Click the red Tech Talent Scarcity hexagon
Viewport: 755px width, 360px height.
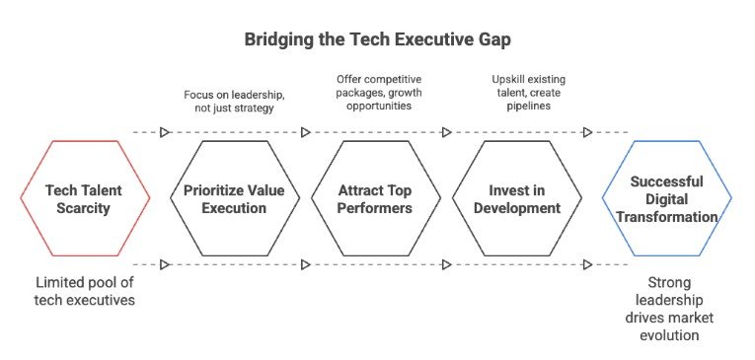[85, 141]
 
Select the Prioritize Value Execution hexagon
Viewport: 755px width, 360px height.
[235, 141]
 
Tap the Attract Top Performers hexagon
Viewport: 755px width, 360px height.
[376, 141]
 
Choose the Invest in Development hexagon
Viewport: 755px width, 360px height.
[516, 141]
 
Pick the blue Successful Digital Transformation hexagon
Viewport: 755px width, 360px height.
[667, 141]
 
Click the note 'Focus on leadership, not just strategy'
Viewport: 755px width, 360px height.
[235, 101]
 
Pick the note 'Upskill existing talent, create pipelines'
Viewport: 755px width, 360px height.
[528, 92]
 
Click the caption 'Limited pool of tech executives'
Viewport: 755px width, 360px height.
[84, 291]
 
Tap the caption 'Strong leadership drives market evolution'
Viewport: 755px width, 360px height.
[669, 309]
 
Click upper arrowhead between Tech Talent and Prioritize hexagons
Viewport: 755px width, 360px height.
[165, 132]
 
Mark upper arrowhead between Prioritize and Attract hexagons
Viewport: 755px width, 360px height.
[306, 132]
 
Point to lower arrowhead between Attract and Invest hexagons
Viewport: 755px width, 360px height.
[447, 264]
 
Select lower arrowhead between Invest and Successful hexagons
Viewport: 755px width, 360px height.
[587, 264]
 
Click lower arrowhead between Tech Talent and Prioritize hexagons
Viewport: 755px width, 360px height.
[165, 264]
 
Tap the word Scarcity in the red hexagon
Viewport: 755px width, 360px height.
[83, 208]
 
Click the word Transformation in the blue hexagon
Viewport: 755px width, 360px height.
[667, 217]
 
